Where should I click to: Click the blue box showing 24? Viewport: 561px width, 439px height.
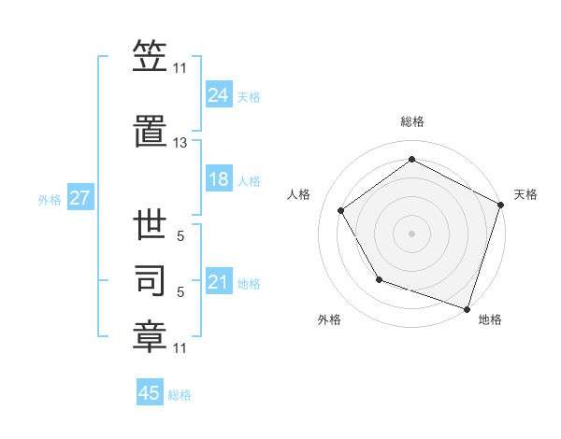point(219,95)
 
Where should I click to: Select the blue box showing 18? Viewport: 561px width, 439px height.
point(219,180)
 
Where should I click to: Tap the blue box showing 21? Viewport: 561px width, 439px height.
point(219,283)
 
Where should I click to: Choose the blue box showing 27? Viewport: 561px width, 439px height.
point(79,198)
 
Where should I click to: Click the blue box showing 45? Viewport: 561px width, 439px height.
point(150,393)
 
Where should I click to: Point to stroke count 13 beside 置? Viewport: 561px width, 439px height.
point(180,143)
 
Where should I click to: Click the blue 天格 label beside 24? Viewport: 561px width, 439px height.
point(249,96)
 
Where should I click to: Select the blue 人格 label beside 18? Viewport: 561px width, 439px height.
point(249,181)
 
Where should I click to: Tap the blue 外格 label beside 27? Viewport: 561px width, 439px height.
point(50,199)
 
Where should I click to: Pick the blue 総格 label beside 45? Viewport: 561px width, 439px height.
point(180,394)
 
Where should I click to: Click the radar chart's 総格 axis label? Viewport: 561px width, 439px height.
point(412,121)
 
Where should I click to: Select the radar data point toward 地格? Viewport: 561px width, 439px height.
point(467,308)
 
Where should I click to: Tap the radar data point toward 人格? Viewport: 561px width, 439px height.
point(341,210)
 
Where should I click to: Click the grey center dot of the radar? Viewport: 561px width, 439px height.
point(412,234)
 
